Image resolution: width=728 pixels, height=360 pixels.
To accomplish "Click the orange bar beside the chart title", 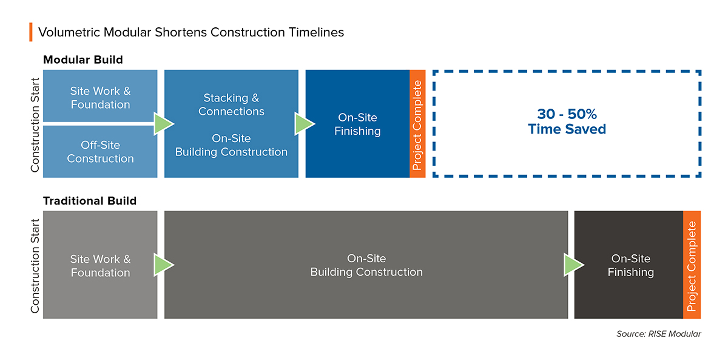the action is point(31,32).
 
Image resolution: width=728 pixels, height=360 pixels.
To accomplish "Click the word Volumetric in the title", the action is point(69,32).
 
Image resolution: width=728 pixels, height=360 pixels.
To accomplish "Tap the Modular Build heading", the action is point(83,60).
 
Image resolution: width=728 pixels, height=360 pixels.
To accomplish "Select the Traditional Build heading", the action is point(90,201).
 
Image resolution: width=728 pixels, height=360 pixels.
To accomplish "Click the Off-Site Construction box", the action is point(100,152).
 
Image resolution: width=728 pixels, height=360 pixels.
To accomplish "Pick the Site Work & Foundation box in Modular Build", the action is point(100,96).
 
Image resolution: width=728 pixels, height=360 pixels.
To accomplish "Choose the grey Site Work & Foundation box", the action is point(100,265).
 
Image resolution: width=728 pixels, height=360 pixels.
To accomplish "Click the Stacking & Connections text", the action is point(231,104).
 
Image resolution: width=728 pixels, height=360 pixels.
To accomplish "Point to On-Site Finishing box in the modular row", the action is point(357,124).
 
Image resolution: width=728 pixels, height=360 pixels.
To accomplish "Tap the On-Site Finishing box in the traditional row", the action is point(629,265).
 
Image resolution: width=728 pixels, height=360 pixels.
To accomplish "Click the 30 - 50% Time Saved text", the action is point(567,121).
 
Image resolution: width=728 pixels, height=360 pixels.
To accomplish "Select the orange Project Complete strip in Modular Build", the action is point(417,124).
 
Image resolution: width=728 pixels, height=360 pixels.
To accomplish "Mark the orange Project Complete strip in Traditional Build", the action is point(692,265).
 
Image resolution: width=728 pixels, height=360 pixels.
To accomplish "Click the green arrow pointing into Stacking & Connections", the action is point(163,124).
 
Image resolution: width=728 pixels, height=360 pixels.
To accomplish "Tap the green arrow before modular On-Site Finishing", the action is point(304,124).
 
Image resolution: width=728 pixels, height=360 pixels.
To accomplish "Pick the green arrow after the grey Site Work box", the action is point(163,265).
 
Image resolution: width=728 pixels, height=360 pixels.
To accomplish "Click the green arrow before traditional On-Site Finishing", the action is point(574,265).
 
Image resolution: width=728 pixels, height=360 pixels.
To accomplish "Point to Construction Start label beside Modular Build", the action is point(35,124).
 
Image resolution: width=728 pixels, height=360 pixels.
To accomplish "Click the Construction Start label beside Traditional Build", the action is point(35,266).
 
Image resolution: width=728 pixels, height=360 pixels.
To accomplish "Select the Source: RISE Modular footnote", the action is point(659,334).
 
